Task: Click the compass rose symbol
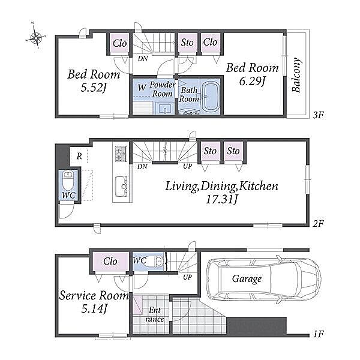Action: (35, 37)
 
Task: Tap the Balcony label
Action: (296, 74)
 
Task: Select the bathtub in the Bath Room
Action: (211, 97)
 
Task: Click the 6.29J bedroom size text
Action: (252, 81)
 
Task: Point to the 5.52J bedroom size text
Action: (94, 88)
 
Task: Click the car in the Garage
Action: (263, 278)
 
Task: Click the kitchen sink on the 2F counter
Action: (121, 186)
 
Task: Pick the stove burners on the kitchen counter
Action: (121, 154)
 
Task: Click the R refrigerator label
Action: (79, 156)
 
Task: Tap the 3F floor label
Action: (318, 115)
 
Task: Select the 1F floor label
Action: (318, 334)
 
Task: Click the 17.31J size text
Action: (221, 199)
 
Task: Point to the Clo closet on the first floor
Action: (110, 261)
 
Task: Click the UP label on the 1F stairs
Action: (187, 277)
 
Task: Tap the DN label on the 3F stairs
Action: (143, 58)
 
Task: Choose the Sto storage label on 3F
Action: (187, 43)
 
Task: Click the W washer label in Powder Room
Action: (142, 87)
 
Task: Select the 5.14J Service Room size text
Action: (94, 309)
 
